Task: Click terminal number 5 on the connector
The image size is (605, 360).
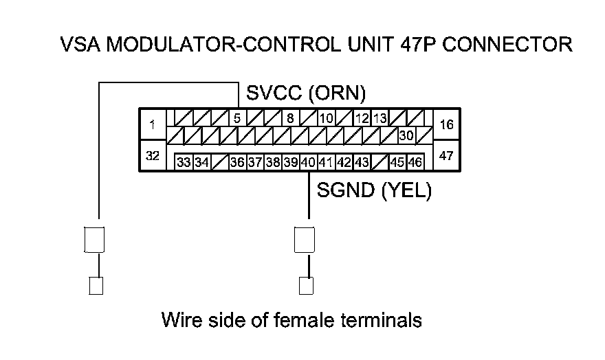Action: click(x=236, y=117)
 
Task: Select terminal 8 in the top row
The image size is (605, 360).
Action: click(x=290, y=117)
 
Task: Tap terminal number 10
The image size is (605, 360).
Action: click(x=326, y=117)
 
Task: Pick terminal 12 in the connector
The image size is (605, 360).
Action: click(x=362, y=117)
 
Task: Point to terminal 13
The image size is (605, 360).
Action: click(x=379, y=117)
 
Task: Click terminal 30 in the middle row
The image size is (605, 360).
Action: click(x=406, y=135)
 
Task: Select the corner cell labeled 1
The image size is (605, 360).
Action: click(x=152, y=124)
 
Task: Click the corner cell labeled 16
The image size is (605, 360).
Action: click(x=445, y=124)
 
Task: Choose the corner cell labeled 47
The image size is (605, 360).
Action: click(x=445, y=156)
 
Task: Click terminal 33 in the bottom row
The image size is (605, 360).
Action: click(x=183, y=163)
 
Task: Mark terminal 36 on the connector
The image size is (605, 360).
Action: click(x=236, y=163)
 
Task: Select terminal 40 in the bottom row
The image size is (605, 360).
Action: click(x=308, y=163)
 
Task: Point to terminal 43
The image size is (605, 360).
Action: click(x=362, y=163)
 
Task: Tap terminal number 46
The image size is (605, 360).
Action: click(x=415, y=163)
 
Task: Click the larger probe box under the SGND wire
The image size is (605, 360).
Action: click(x=305, y=239)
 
